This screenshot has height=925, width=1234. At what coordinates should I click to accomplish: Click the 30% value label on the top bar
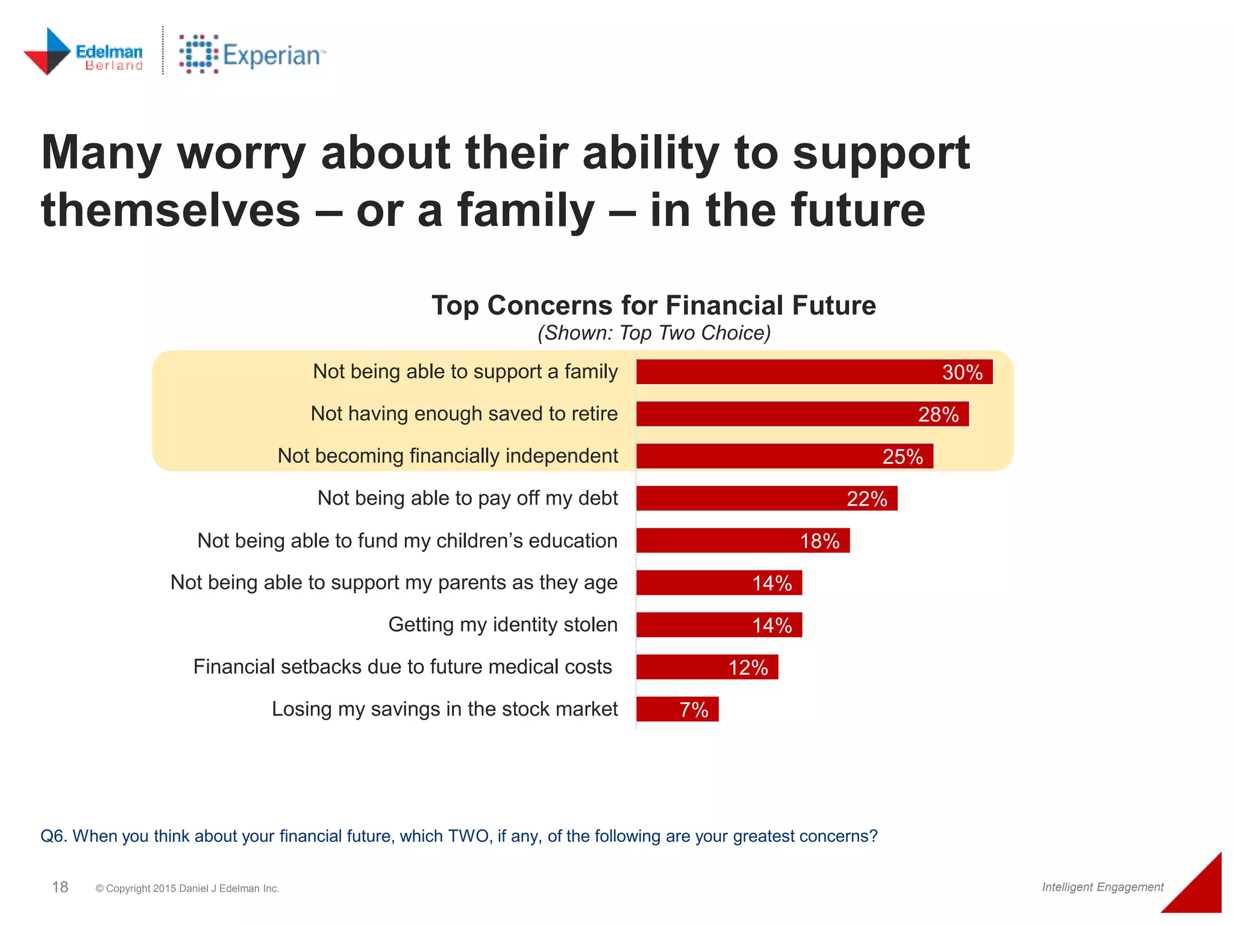[x=962, y=373]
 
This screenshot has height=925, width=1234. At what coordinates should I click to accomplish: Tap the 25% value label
[x=902, y=457]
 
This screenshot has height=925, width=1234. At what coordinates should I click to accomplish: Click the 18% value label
[x=819, y=541]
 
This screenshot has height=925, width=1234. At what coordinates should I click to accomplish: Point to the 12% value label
[x=748, y=668]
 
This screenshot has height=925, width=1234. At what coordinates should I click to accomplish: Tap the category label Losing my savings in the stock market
[x=445, y=709]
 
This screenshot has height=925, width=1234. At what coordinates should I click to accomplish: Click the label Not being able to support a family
[x=465, y=372]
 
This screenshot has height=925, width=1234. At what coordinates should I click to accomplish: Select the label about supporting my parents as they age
[x=393, y=583]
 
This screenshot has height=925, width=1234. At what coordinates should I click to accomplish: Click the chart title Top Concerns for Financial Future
[x=654, y=305]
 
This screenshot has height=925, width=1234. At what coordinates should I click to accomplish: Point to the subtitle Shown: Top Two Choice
[x=654, y=333]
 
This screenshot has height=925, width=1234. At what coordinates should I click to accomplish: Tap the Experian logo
[x=252, y=54]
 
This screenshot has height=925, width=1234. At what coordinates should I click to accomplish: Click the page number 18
[x=60, y=887]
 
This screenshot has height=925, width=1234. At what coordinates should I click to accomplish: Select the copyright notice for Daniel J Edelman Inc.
[x=187, y=889]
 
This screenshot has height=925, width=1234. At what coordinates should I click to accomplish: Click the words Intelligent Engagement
[x=1103, y=887]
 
